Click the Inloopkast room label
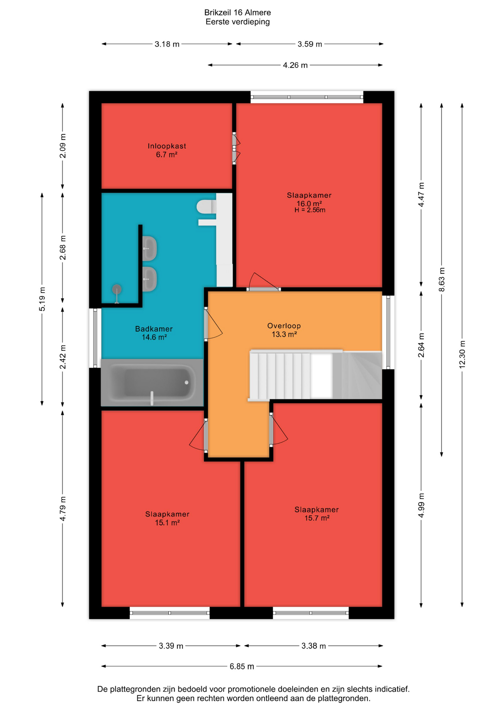tap(167, 146)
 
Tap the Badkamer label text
tap(154, 329)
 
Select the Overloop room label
tap(284, 326)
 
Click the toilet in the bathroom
tap(206, 207)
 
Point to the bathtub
tap(152, 382)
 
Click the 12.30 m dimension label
tap(462, 354)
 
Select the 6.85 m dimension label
tap(242, 666)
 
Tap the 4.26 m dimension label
tap(295, 65)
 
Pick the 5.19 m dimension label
tap(42, 299)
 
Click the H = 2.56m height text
tap(310, 210)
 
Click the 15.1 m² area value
tap(167, 523)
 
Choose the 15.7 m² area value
tap(317, 518)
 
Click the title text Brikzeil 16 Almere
tap(238, 13)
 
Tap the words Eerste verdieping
tap(238, 22)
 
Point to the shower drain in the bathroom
tap(117, 289)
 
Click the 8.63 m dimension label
tap(442, 279)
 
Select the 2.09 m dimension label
tap(63, 146)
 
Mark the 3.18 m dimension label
tap(167, 44)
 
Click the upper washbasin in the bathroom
tap(149, 248)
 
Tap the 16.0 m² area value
tap(309, 204)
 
